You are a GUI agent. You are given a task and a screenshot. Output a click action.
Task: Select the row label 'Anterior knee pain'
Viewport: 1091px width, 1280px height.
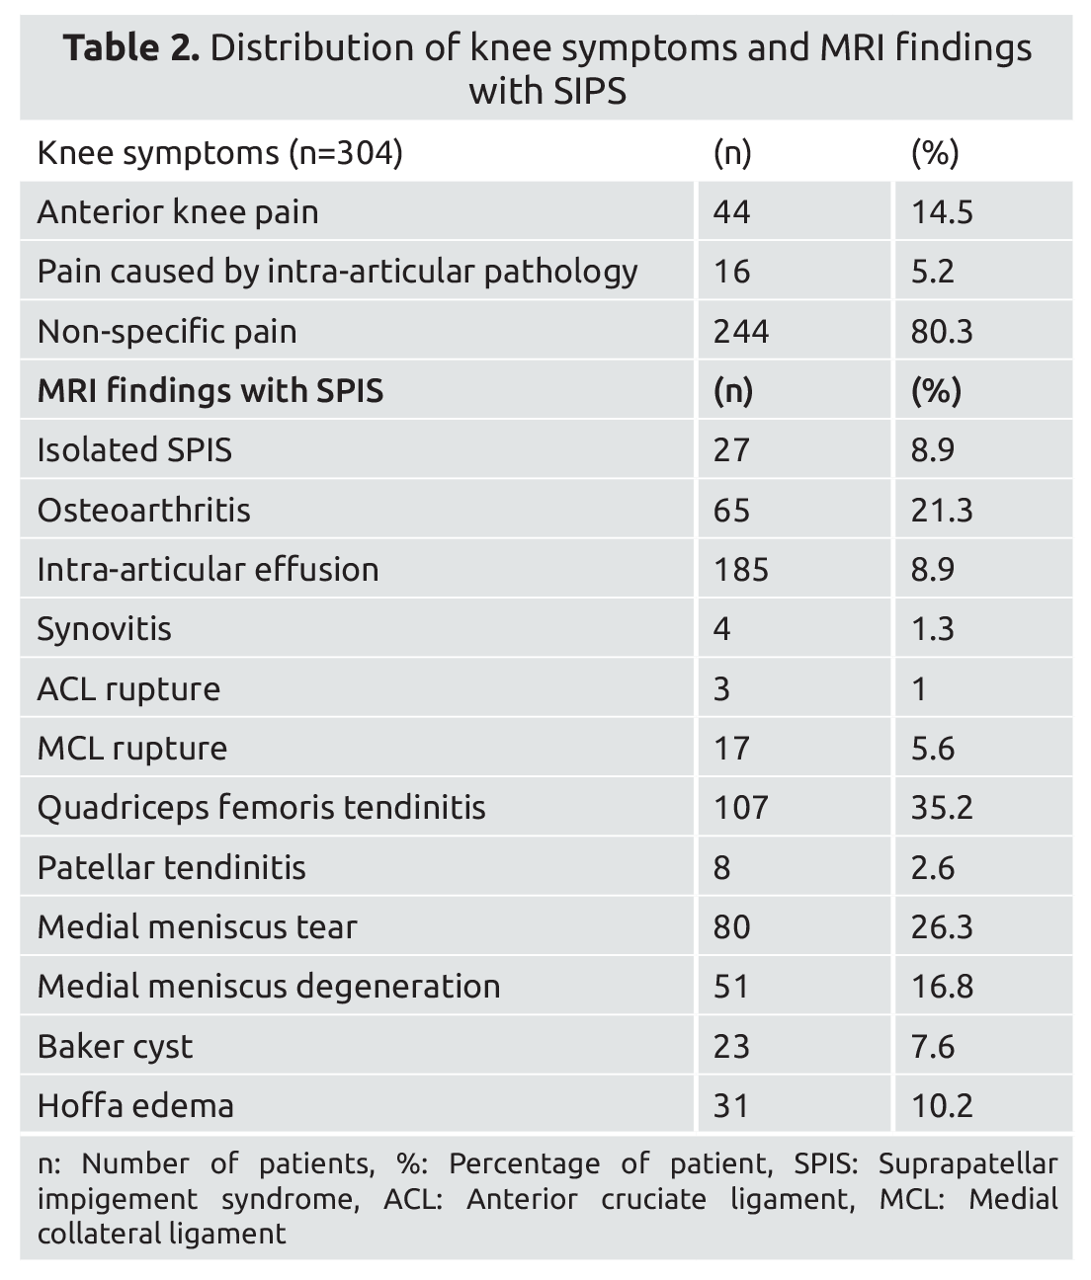pyautogui.click(x=178, y=212)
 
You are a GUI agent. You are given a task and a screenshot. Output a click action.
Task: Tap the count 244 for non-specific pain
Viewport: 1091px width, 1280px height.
pyautogui.click(x=740, y=331)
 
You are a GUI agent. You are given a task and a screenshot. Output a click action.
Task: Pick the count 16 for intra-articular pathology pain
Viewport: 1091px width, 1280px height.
pyautogui.click(x=731, y=272)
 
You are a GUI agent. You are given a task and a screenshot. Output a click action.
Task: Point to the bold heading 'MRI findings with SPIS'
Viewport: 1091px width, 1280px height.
pyautogui.click(x=210, y=391)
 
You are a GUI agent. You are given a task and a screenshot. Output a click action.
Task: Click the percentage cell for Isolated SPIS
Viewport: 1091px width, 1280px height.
pyautogui.click(x=932, y=450)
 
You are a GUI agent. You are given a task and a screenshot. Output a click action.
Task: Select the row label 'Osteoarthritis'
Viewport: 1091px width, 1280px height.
pyautogui.click(x=143, y=511)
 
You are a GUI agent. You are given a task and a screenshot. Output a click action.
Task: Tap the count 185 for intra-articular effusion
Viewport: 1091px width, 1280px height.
pyautogui.click(x=740, y=570)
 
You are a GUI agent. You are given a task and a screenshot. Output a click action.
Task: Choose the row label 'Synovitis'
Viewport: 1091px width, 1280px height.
pyautogui.click(x=104, y=629)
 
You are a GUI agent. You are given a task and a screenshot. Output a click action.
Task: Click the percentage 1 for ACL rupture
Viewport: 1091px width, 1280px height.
pyautogui.click(x=919, y=688)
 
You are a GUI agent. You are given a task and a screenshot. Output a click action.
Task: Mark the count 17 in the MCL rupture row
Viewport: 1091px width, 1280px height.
pyautogui.click(x=731, y=749)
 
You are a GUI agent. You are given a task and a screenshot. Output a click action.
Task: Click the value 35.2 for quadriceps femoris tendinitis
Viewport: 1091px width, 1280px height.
pyautogui.click(x=942, y=808)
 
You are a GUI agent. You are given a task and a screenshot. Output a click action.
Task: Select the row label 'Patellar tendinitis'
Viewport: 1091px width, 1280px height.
pyautogui.click(x=171, y=867)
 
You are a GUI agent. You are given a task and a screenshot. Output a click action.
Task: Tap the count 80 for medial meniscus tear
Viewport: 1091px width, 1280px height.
pyautogui.click(x=731, y=926)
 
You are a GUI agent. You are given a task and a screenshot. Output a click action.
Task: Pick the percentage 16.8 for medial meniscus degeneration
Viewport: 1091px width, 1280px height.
pyautogui.click(x=942, y=987)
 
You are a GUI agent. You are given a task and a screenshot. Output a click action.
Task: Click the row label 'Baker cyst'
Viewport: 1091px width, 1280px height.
pyautogui.click(x=115, y=1046)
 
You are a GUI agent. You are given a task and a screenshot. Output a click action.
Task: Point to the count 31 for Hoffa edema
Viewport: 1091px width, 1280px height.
pyautogui.click(x=731, y=1105)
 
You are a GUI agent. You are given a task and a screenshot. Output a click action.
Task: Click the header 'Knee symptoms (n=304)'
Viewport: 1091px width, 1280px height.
pyautogui.click(x=219, y=153)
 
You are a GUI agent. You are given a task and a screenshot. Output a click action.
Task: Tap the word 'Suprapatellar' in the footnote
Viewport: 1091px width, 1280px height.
pyautogui.click(x=966, y=1164)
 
